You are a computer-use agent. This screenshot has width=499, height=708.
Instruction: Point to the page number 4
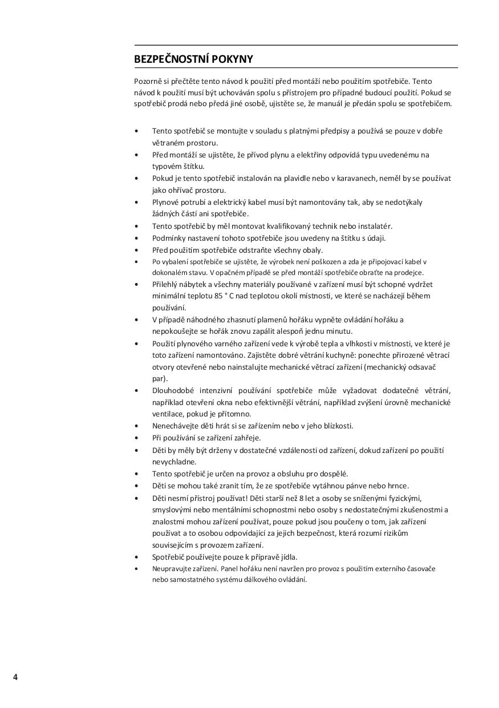pyautogui.click(x=15, y=677)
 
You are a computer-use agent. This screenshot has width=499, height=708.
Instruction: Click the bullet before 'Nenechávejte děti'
pyautogui.click(x=136, y=426)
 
